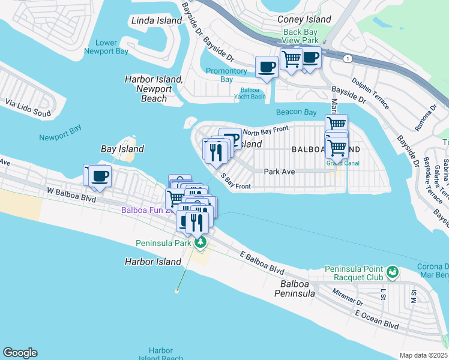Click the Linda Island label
pos(156,20)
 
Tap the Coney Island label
pos(304,19)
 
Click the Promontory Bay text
pos(226,75)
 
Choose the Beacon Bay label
pos(296,112)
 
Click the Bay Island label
pos(122,149)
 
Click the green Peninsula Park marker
pos(200,243)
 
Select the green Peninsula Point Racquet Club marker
pos(393,272)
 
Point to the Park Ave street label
pos(279,172)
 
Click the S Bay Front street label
pos(235,182)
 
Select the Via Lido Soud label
pos(28,107)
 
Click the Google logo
pos(20,353)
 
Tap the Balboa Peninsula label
pos(295,289)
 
